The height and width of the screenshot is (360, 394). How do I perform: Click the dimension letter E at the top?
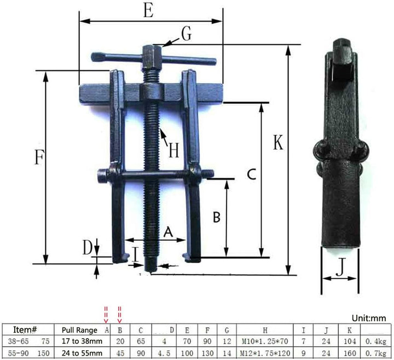[148, 12]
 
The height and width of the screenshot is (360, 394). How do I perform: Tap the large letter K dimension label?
[278, 143]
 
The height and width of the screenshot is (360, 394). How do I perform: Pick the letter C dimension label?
[250, 175]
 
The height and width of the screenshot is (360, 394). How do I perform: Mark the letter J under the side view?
[340, 268]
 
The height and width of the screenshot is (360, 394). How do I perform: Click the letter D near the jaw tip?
[87, 249]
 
